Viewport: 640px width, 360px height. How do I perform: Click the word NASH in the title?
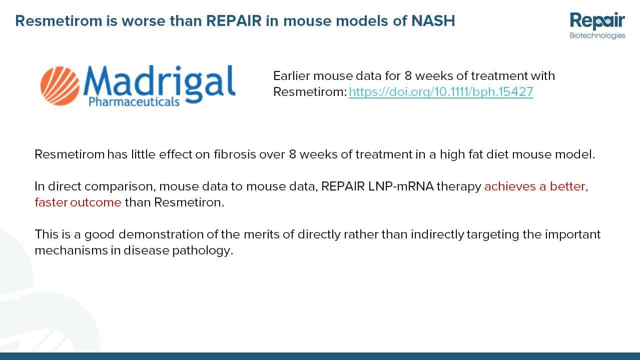tap(433, 21)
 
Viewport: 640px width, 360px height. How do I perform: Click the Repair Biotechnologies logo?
tap(597, 25)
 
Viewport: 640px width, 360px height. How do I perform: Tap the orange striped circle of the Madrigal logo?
tap(60, 86)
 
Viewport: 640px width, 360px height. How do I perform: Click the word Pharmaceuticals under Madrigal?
tap(134, 101)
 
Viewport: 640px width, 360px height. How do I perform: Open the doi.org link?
tap(441, 92)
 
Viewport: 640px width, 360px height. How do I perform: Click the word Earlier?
tap(291, 75)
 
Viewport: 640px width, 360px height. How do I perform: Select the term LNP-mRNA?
tap(401, 186)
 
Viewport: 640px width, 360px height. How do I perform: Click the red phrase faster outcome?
tap(78, 202)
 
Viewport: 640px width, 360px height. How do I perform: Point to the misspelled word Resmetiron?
tap(189, 202)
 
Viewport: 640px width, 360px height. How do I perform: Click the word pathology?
tap(203, 250)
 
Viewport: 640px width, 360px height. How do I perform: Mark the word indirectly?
tap(437, 234)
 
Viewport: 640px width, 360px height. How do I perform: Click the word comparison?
tap(120, 186)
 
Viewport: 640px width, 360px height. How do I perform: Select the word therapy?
tap(459, 186)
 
